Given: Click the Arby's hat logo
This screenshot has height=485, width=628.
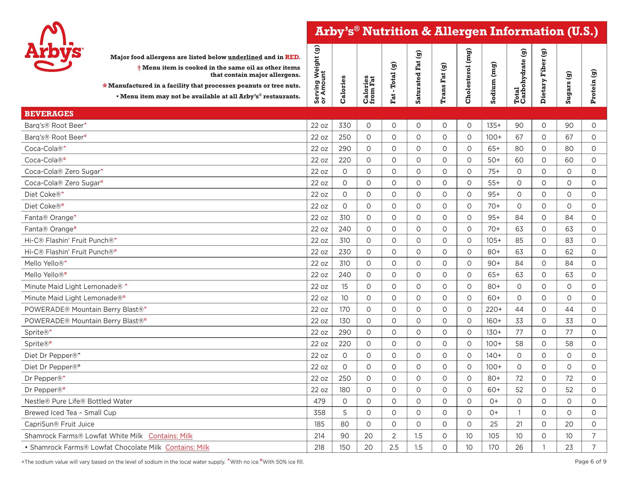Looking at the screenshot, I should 53,46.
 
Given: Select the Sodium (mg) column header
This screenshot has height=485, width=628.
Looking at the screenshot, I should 494,83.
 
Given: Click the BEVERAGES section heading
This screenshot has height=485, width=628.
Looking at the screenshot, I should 49,114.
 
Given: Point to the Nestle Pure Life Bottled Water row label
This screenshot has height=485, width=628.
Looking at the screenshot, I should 78,401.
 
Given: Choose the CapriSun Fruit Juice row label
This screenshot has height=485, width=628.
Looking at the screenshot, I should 59,424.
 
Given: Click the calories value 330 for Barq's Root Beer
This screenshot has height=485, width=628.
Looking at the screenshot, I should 344,125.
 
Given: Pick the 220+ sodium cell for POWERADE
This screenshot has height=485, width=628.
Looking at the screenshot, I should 494,309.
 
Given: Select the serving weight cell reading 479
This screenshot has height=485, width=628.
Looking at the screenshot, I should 319,401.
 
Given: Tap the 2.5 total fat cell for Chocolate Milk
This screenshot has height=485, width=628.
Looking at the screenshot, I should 394,447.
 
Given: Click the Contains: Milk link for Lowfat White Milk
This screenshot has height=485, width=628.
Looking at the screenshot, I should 170,436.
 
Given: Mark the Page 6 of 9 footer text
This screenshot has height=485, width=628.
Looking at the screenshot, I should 590,462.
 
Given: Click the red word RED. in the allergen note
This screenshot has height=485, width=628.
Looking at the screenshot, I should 292,57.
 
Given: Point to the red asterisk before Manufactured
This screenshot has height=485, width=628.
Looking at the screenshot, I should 105,86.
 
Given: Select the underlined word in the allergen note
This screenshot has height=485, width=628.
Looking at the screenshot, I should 245,57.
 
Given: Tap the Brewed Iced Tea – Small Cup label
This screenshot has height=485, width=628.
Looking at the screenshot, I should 70,413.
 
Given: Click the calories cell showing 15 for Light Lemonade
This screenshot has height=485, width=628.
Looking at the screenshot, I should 344,287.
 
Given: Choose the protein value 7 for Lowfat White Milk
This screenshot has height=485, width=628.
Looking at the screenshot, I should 594,436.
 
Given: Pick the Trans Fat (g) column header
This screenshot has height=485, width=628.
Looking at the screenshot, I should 444,83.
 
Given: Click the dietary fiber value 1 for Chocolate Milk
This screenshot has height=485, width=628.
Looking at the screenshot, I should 544,447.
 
